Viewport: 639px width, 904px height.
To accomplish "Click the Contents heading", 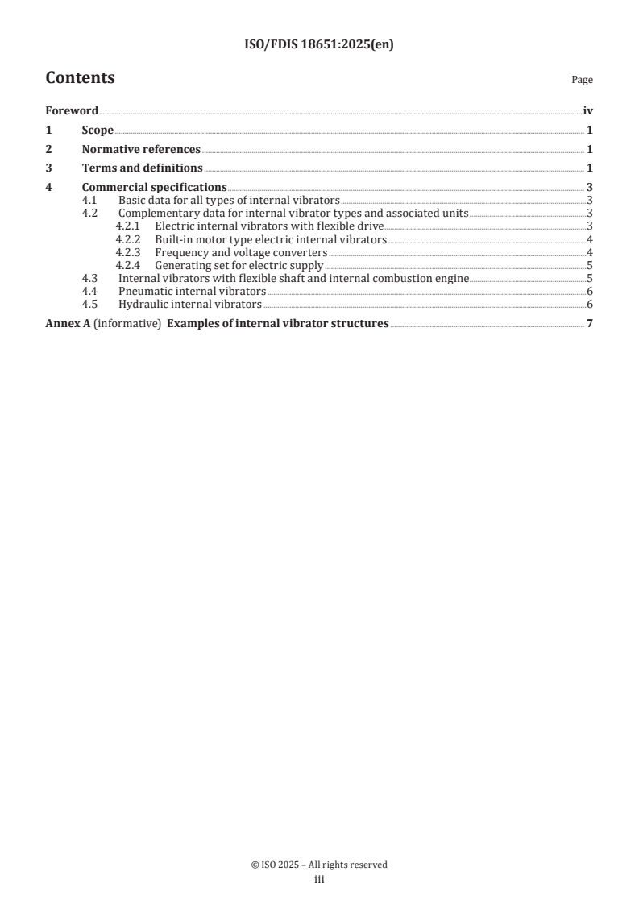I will (x=80, y=78).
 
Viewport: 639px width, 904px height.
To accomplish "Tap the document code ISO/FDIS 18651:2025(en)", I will (x=319, y=45).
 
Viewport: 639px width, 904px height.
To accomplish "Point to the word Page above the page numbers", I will (x=582, y=80).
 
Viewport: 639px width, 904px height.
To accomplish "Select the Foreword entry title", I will (x=72, y=110).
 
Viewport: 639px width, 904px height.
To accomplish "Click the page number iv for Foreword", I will (x=587, y=110).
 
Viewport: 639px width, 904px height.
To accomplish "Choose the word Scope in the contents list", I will (x=98, y=130).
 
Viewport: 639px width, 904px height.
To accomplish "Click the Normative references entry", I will (x=141, y=149).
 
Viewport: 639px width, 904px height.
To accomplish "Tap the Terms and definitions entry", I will (x=143, y=168).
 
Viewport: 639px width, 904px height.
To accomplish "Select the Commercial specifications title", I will (x=155, y=188).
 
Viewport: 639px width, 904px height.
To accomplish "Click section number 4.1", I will (x=90, y=200).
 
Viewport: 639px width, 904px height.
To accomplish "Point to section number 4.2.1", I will (x=128, y=226).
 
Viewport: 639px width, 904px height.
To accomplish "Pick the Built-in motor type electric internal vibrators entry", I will (x=271, y=239).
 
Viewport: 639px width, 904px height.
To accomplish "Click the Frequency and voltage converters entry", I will (x=241, y=252).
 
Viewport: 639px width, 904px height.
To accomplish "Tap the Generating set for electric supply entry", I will (x=239, y=265).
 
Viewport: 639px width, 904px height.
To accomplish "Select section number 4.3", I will (x=90, y=278).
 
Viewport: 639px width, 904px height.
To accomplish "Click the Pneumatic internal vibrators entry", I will (x=192, y=291).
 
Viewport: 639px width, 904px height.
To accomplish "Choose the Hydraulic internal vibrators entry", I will (x=190, y=304).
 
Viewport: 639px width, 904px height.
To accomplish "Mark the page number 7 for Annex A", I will (x=590, y=324).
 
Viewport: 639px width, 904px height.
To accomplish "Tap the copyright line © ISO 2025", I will (x=319, y=865).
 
